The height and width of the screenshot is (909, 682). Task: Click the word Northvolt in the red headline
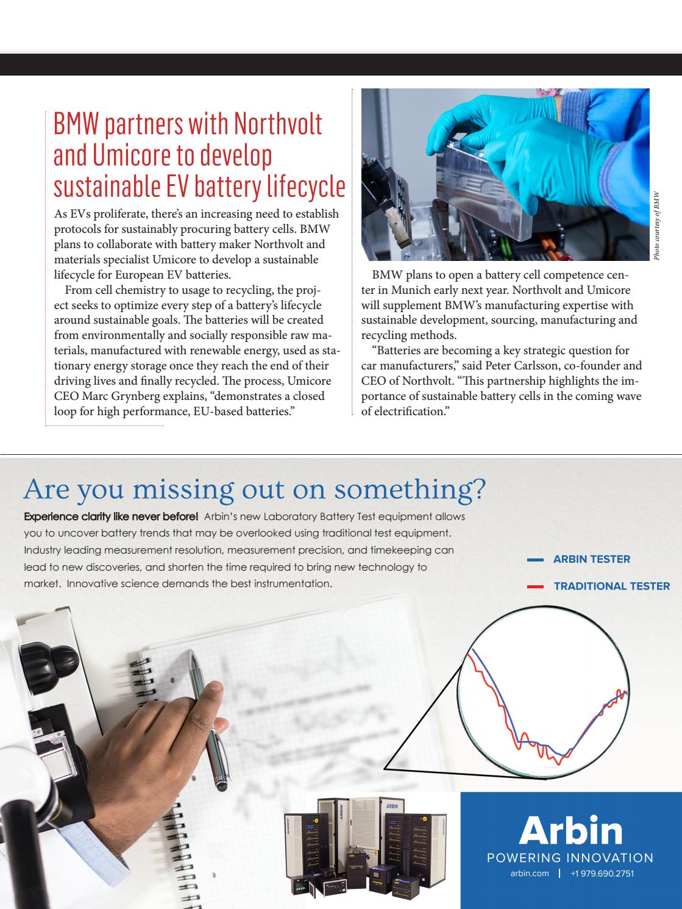279,124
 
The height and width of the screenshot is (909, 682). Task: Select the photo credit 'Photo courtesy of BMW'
656,226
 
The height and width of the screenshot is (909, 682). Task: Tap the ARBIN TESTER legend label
591,559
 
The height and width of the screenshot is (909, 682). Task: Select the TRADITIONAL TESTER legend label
611,586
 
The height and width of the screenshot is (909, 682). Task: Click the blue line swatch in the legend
535,559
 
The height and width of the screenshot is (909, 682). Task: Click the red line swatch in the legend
535,586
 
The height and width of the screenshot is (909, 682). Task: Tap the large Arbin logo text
570,830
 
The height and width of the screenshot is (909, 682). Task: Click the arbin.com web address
530,873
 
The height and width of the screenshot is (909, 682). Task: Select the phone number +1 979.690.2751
602,873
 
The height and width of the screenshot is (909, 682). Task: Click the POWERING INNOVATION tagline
570,858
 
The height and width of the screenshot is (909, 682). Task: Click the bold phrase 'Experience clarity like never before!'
111,516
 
